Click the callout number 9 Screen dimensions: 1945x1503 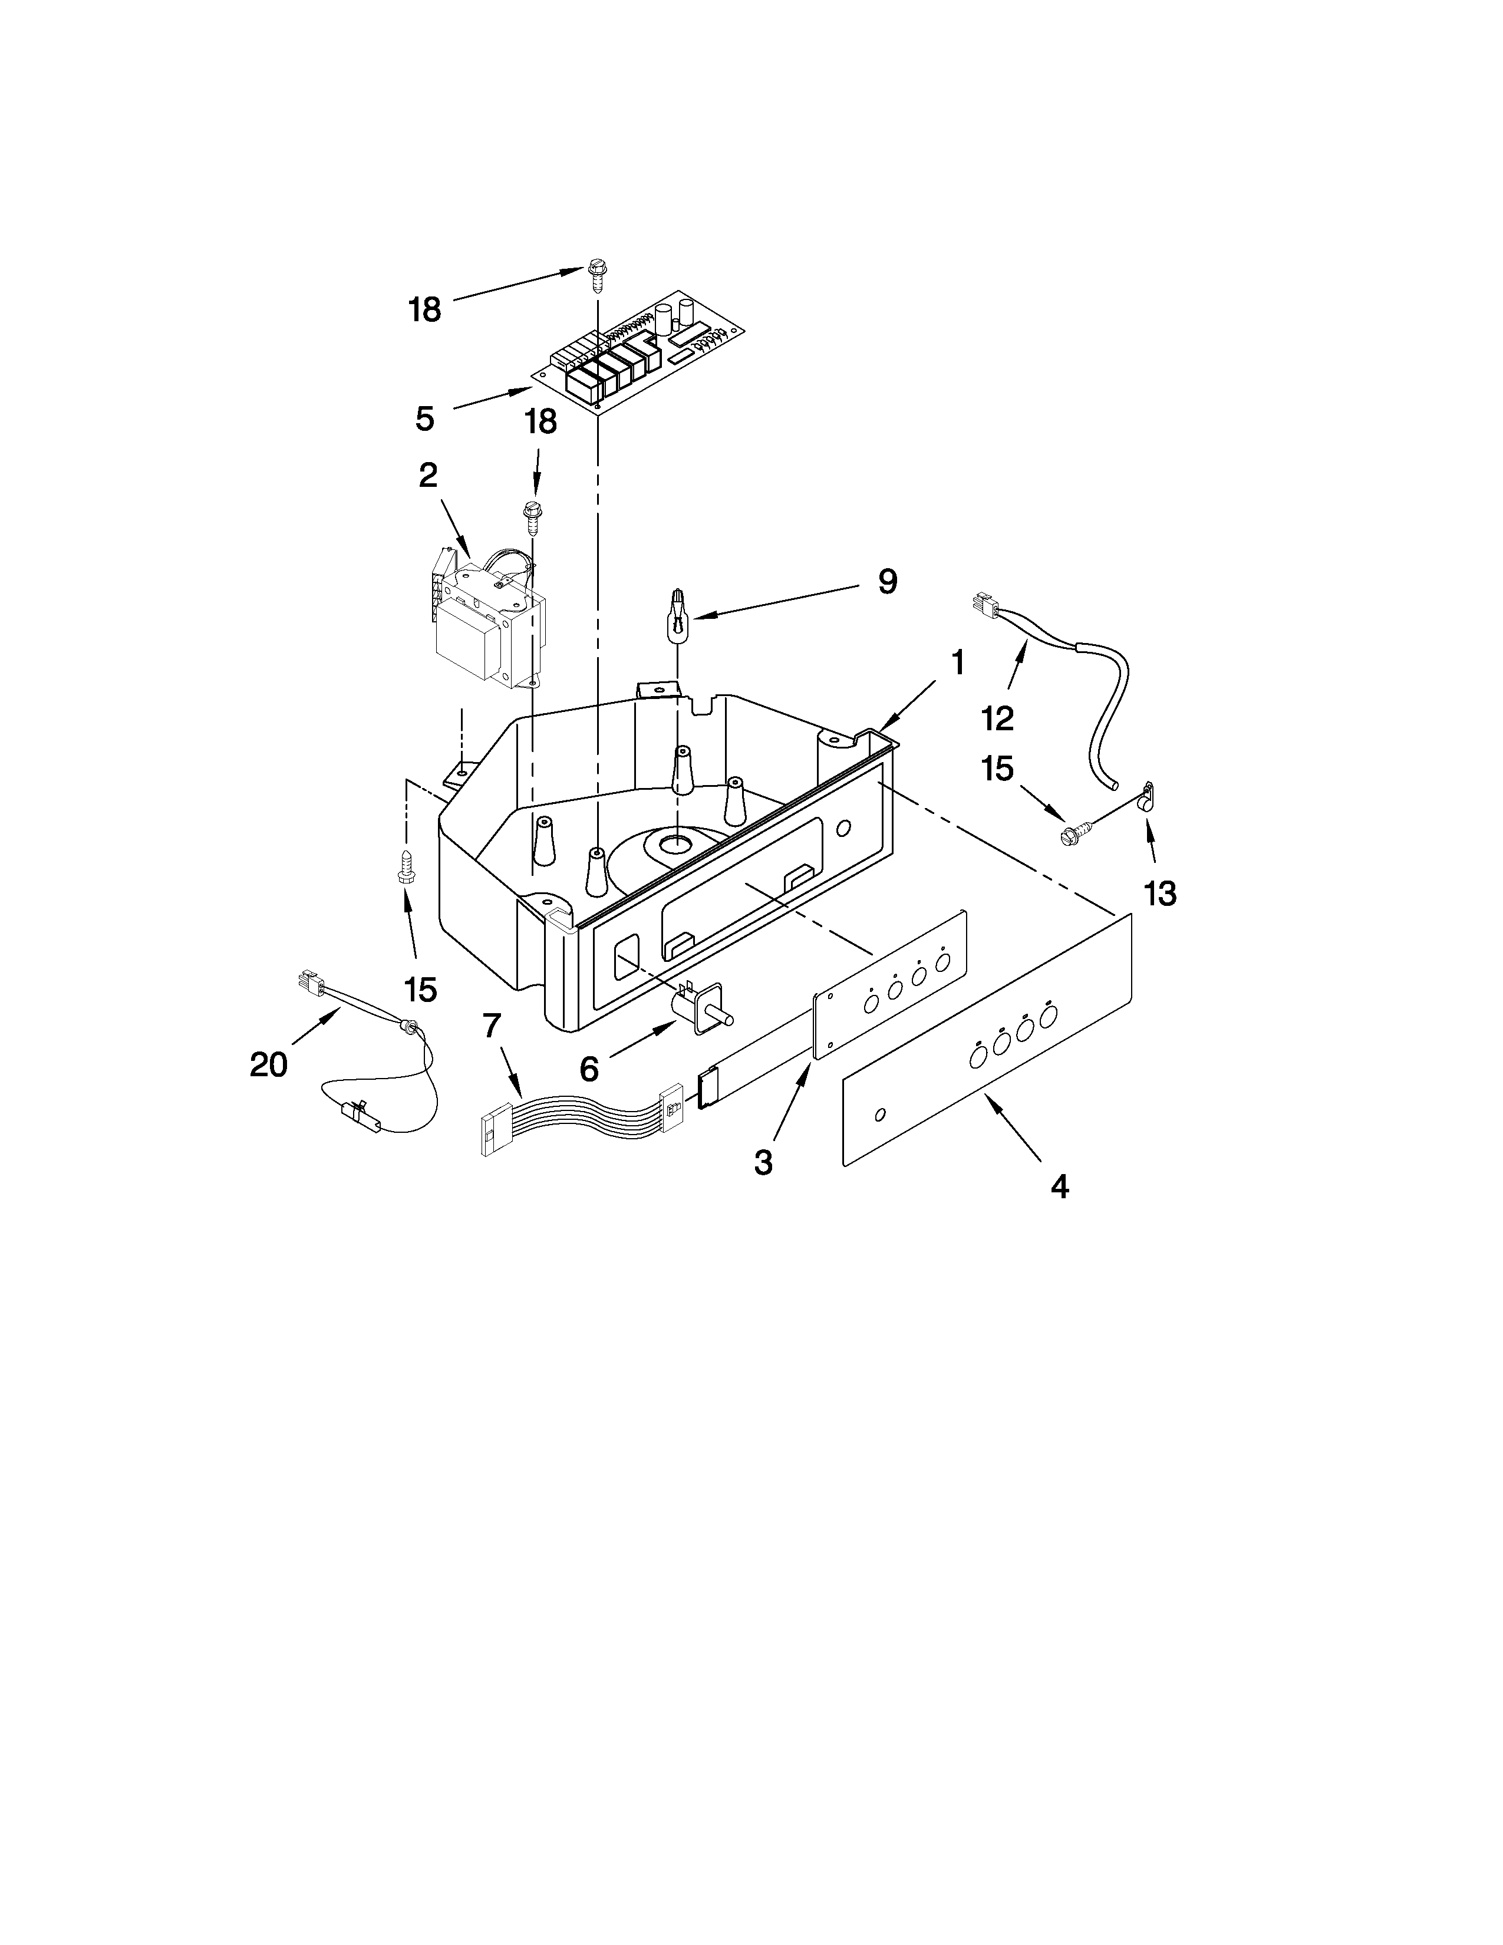point(887,582)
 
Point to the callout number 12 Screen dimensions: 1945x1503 point(998,718)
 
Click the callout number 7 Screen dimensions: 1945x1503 point(492,1026)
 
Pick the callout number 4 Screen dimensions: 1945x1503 point(1059,1186)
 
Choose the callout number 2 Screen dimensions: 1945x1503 point(429,476)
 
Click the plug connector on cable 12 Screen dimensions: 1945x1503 point(984,605)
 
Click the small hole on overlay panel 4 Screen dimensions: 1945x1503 point(881,1115)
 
